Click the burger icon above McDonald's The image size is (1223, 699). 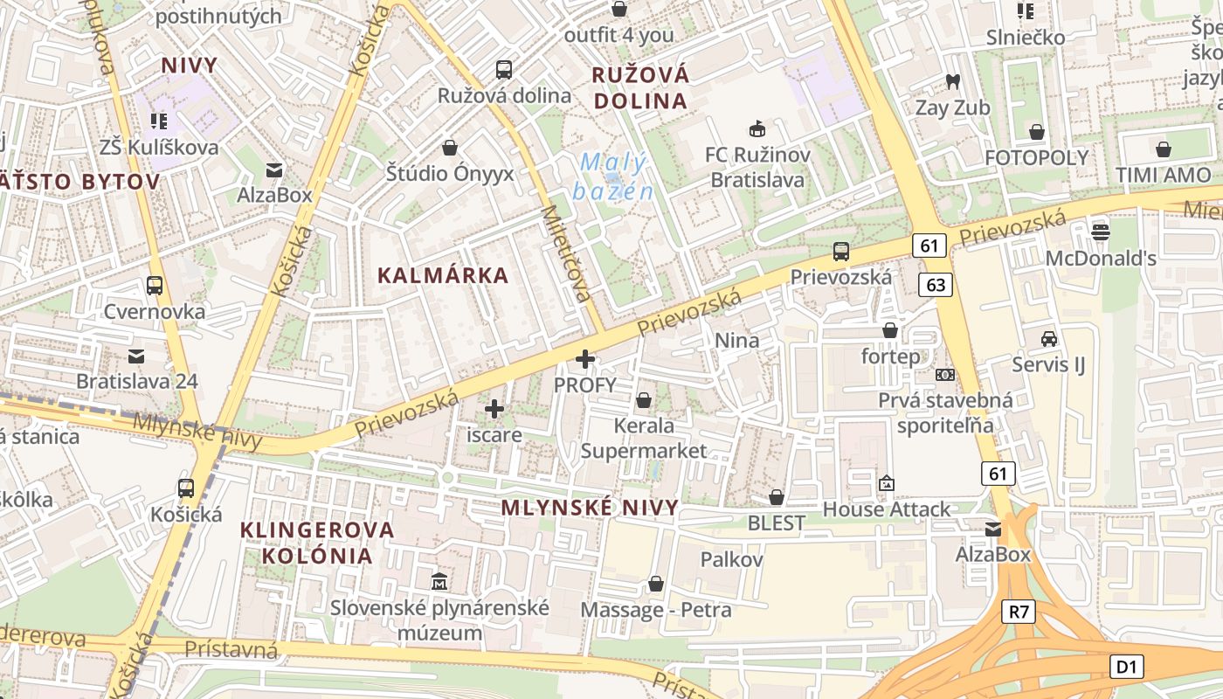[x=1101, y=232]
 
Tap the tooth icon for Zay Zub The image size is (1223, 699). [x=952, y=81]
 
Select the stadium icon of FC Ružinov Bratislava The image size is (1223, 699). [x=757, y=129]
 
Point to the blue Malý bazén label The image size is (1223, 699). [x=614, y=176]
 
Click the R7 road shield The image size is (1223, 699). [x=1019, y=611]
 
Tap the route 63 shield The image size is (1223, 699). [x=936, y=284]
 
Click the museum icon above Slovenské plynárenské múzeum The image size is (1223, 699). [x=439, y=580]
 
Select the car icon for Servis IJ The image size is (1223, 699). [x=1048, y=338]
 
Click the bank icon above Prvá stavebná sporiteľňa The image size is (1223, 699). [x=945, y=375]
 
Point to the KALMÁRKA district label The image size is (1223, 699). [x=442, y=275]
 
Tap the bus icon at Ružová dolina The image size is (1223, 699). [x=504, y=69]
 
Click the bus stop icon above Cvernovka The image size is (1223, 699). [x=155, y=285]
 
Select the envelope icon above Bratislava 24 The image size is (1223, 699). [x=137, y=356]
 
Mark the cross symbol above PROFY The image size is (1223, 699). [x=585, y=358]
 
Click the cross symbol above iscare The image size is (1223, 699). [x=494, y=408]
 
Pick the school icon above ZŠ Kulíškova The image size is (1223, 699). [x=158, y=121]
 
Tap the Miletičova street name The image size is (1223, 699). [x=567, y=253]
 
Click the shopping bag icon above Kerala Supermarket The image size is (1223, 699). [x=644, y=400]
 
